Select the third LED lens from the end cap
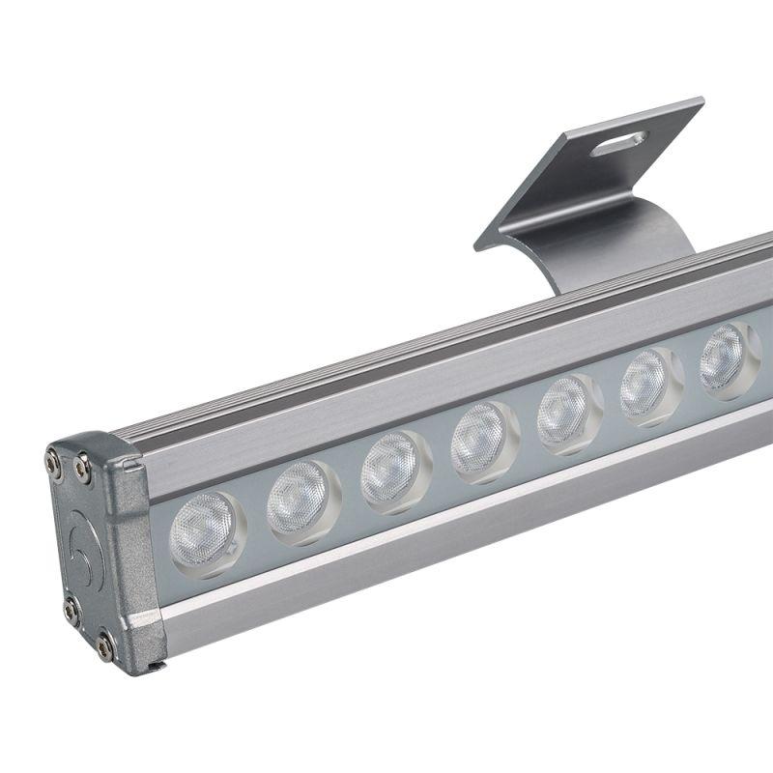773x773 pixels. coord(392,469)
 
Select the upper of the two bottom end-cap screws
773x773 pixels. coord(72,609)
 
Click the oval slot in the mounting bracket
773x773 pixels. coord(619,144)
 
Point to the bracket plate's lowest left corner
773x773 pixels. coord(477,245)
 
